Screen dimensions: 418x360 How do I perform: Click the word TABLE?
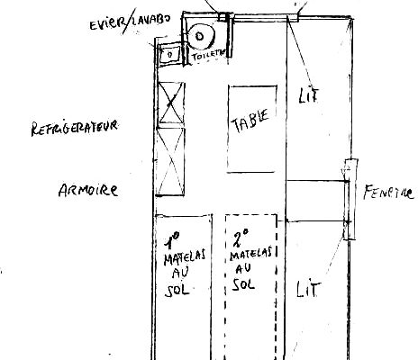[250, 121]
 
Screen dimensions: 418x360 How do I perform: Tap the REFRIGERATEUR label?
[74, 128]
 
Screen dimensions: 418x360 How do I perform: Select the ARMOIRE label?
[88, 190]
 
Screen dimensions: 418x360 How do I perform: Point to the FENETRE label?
[388, 193]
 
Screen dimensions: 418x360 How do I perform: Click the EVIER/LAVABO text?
[130, 22]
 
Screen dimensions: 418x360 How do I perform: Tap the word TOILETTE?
[209, 55]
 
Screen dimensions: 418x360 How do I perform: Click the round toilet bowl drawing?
[200, 36]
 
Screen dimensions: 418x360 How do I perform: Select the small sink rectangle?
[169, 54]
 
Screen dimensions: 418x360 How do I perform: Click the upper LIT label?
[308, 95]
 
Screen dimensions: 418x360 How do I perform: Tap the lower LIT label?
[308, 289]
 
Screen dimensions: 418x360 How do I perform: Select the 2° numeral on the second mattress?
[241, 238]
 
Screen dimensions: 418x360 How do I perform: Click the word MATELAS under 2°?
[251, 254]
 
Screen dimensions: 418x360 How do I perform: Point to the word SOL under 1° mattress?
[177, 290]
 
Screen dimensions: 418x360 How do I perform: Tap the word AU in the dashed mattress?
[243, 268]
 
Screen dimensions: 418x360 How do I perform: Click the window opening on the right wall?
[350, 200]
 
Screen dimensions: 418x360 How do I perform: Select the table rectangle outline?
[228, 129]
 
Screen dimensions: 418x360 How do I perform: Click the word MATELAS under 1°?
[185, 257]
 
